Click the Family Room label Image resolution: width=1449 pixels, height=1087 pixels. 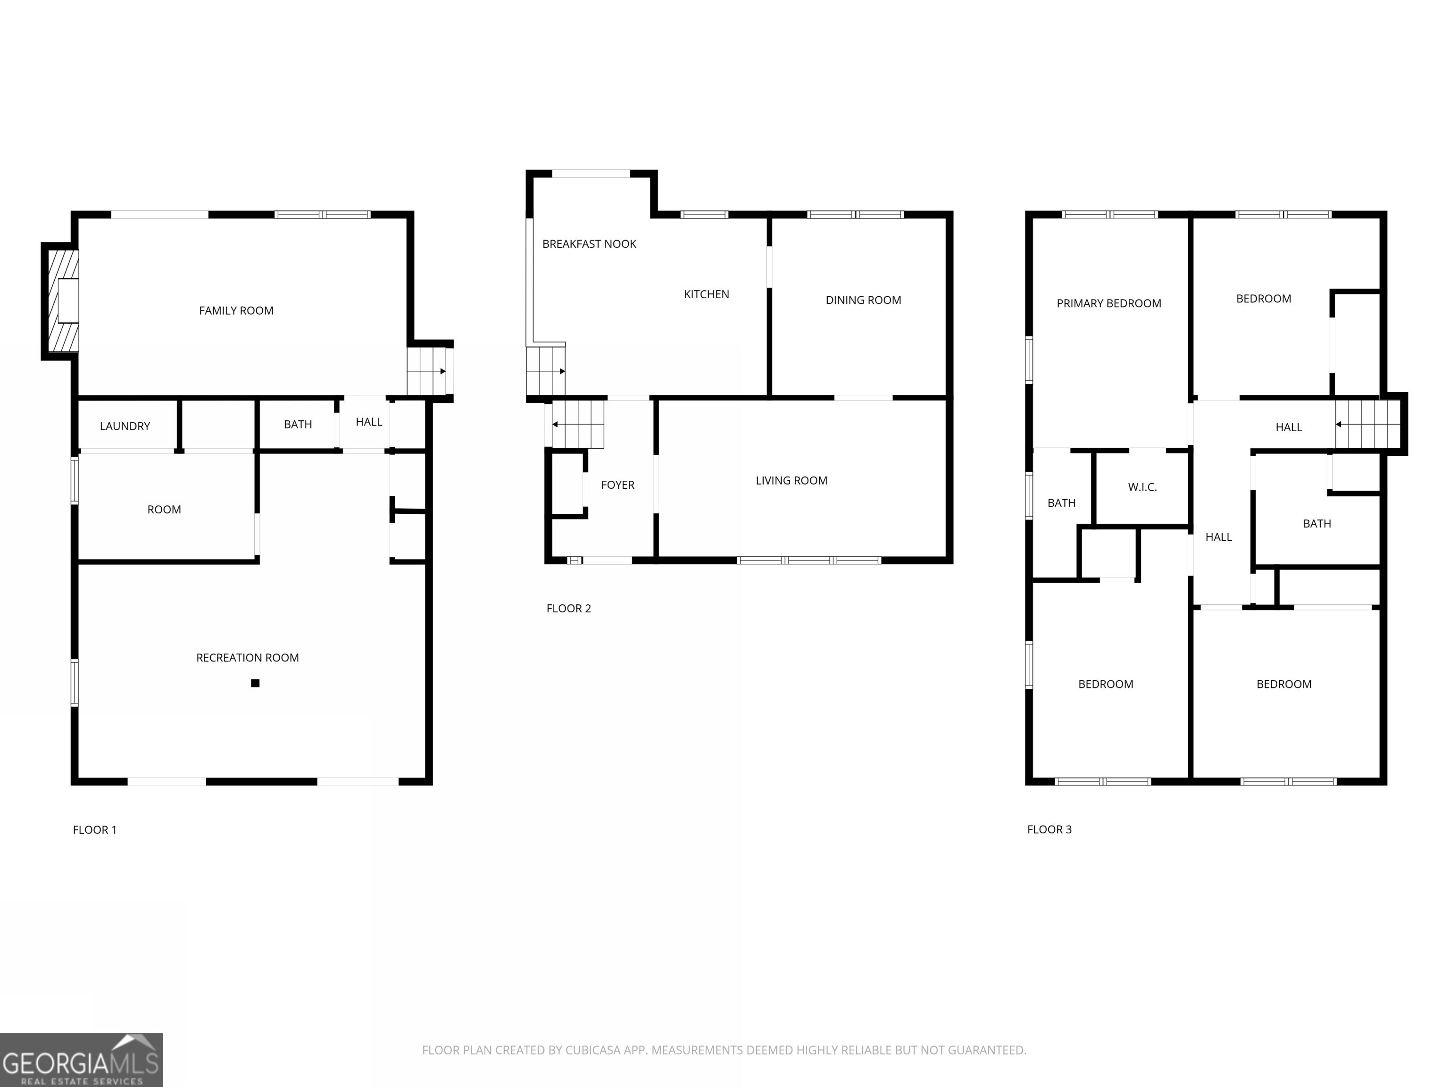coord(236,310)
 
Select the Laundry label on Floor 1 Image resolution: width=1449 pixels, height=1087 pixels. coord(125,426)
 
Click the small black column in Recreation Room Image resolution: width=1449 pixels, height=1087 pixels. coord(256,683)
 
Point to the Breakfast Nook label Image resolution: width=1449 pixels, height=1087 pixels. coord(589,244)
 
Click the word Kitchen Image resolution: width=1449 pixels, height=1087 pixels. coord(706,294)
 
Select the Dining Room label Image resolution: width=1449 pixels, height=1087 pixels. coord(863,300)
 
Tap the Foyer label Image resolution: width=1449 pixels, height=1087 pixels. coord(617,485)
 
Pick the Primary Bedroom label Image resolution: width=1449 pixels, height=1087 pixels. coord(1108,303)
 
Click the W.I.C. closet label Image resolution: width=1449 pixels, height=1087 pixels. coord(1142,487)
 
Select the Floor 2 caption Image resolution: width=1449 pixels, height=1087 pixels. coord(568,608)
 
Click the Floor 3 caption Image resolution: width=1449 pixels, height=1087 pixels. coord(1049,829)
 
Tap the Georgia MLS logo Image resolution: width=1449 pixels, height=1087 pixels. coord(81,1060)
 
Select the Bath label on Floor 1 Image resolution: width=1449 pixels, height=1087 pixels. coord(298,425)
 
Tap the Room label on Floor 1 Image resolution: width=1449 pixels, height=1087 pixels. coord(164,509)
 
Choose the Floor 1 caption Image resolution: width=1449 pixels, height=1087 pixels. coord(94,829)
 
